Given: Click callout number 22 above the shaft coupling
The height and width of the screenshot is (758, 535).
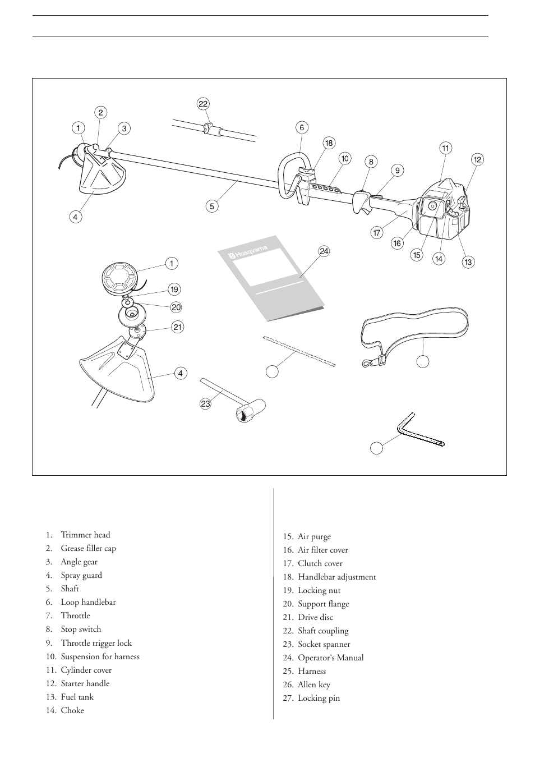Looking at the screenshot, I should coord(203,104).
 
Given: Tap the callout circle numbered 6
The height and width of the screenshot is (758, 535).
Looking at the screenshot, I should coord(302,127).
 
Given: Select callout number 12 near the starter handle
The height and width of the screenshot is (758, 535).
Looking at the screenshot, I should coord(477,159).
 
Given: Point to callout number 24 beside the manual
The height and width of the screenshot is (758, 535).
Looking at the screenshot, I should coord(324,251).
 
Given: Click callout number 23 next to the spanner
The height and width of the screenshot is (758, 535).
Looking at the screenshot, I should coord(205,403).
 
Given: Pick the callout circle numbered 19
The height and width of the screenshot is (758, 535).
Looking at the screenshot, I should coord(174,290).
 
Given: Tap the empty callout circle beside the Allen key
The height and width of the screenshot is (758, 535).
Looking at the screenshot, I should coord(377,448).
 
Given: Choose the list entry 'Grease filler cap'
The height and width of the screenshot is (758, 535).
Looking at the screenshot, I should coord(88,548).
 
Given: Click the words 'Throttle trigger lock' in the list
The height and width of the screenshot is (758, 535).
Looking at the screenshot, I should coord(96,643).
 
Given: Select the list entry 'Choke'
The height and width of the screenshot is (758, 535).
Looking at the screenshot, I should coord(72,710).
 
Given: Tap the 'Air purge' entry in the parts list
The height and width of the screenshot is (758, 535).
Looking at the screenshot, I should coord(314,536).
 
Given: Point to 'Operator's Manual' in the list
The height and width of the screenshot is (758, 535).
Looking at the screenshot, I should coord(330,658).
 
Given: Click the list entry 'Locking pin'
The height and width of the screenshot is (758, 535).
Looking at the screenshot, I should coord(319,698).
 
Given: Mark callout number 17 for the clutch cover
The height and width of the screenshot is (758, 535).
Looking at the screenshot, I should coord(377,233).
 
